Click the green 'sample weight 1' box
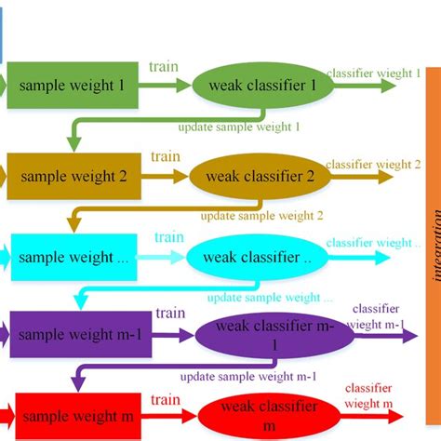click(73, 86)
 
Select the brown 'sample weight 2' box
click(74, 175)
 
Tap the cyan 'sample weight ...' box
click(74, 258)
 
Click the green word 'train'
click(165, 67)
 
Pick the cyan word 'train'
click(168, 237)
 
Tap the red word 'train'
click(166, 400)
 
